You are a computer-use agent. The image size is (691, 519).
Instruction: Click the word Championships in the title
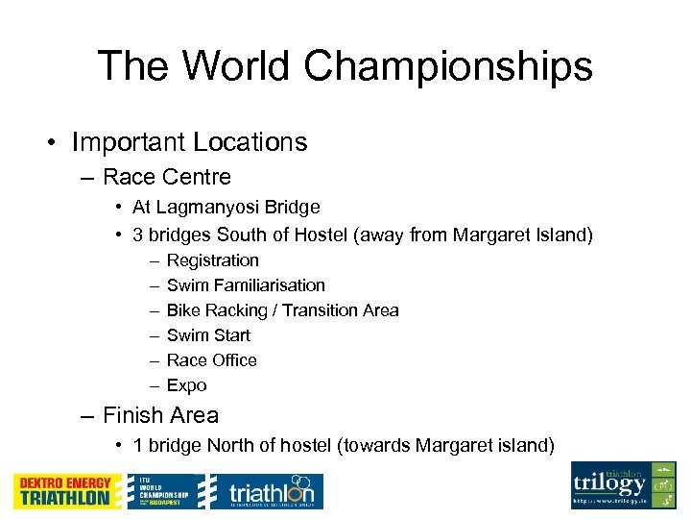[x=449, y=66]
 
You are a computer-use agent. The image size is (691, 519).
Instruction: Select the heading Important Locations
[x=189, y=142]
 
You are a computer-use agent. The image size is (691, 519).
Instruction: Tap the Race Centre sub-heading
[x=166, y=177]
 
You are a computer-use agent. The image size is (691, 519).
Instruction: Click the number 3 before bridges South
[x=137, y=235]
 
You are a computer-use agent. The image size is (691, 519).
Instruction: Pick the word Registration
[x=213, y=260]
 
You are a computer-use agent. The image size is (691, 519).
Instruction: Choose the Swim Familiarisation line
[x=246, y=285]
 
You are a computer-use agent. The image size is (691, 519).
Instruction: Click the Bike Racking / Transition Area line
[x=282, y=310]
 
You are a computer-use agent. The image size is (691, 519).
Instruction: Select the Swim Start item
[x=208, y=335]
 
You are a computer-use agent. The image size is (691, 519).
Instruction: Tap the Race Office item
[x=212, y=360]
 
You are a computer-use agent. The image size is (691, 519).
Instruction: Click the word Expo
[x=186, y=385]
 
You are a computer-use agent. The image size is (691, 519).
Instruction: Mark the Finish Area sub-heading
[x=160, y=415]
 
